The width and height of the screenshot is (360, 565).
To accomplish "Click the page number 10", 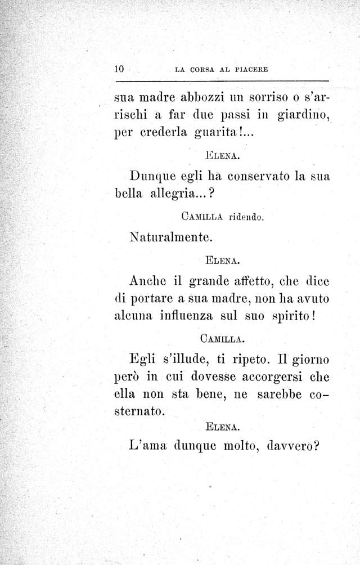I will [x=119, y=69].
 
